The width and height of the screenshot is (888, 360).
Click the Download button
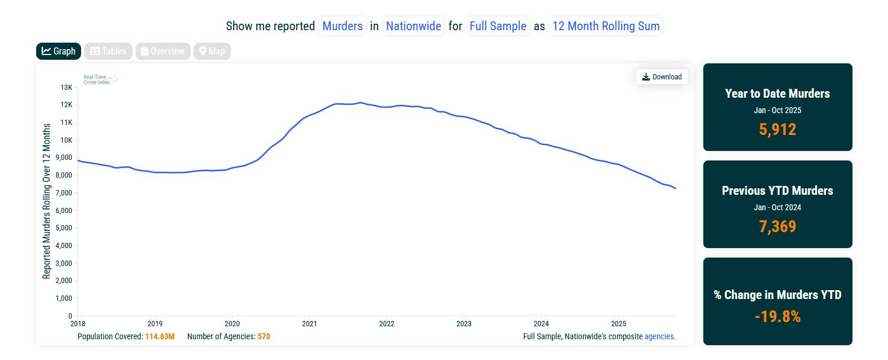click(x=662, y=76)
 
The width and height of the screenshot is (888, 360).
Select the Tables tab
click(x=108, y=52)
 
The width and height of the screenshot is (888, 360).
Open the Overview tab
click(x=163, y=52)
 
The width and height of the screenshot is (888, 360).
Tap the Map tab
click(x=212, y=52)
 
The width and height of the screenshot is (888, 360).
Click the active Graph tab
click(x=59, y=52)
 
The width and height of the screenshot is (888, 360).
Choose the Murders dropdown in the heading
click(x=342, y=26)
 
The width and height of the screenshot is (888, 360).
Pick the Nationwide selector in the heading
click(x=413, y=26)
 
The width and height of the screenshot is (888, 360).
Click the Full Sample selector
click(x=497, y=26)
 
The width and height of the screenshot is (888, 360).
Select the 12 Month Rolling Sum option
click(x=606, y=26)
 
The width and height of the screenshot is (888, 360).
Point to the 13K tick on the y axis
click(x=66, y=88)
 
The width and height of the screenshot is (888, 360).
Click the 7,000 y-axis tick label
click(x=63, y=193)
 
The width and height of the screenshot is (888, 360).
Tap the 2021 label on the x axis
click(x=309, y=324)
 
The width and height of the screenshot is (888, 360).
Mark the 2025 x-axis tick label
click(x=619, y=324)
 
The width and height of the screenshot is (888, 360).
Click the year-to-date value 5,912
click(x=777, y=130)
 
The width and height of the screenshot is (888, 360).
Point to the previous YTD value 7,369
click(x=777, y=227)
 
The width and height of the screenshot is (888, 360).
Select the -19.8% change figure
click(x=777, y=317)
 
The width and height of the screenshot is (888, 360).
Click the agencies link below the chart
click(x=659, y=336)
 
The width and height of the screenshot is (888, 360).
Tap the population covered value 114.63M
click(x=160, y=336)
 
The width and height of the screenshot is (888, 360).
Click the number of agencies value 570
click(x=264, y=336)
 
